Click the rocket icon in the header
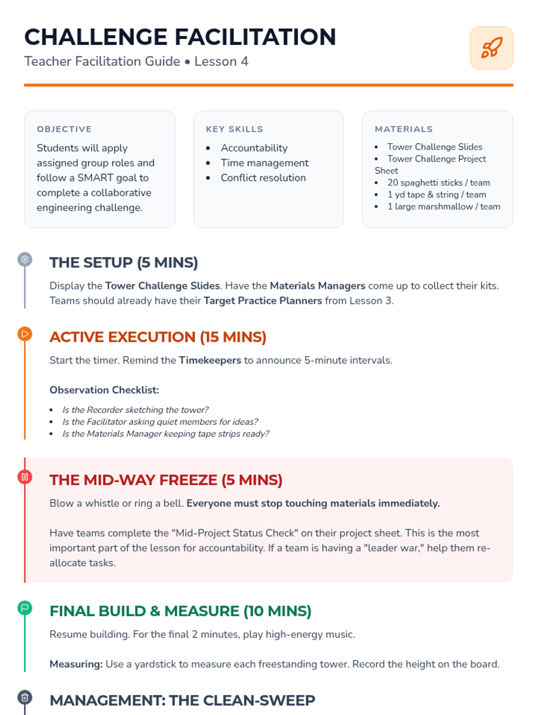click(x=491, y=48)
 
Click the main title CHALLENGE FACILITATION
click(x=180, y=37)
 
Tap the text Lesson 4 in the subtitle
click(x=221, y=61)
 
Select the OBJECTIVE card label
click(x=64, y=129)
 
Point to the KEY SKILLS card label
click(x=234, y=129)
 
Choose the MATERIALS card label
click(x=404, y=129)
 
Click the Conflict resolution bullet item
click(x=263, y=178)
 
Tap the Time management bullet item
click(x=264, y=163)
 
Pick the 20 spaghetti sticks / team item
click(x=438, y=183)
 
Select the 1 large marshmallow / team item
click(x=443, y=206)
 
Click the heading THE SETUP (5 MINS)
click(x=124, y=263)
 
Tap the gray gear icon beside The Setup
click(x=25, y=259)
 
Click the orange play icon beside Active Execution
click(x=25, y=334)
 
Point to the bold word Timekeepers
click(x=210, y=360)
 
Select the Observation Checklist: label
click(x=104, y=390)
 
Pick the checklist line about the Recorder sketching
click(x=135, y=410)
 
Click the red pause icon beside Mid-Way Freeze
click(x=25, y=477)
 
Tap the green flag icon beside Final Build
click(x=25, y=608)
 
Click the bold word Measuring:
click(x=76, y=664)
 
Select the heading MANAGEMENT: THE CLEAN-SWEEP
click(x=182, y=700)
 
